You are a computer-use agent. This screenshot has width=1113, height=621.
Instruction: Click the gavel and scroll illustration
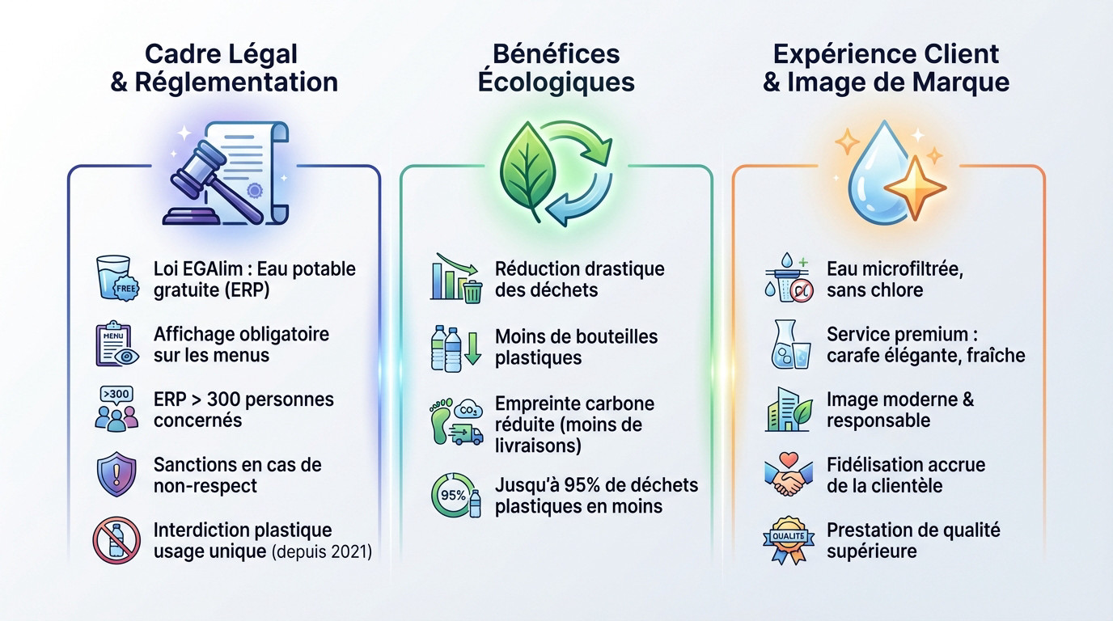pyautogui.click(x=226, y=174)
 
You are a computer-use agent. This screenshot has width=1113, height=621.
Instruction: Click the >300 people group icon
pyautogui.click(x=116, y=409)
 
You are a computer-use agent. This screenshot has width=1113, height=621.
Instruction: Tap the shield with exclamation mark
pyautogui.click(x=116, y=475)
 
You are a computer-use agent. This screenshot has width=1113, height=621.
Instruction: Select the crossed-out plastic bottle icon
pyautogui.click(x=116, y=540)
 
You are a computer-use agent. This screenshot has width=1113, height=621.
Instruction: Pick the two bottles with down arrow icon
pyautogui.click(x=455, y=349)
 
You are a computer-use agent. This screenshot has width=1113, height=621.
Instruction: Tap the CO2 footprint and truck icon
pyautogui.click(x=456, y=421)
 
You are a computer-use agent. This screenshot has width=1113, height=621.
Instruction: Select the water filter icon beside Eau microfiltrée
pyautogui.click(x=789, y=277)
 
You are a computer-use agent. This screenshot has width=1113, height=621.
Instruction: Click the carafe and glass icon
pyautogui.click(x=791, y=344)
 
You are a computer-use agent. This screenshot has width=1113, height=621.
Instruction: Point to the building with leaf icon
pyautogui.click(x=789, y=409)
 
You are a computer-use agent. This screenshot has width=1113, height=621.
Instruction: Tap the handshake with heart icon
pyautogui.click(x=789, y=475)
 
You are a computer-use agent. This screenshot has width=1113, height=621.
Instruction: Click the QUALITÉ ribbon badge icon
pyautogui.click(x=789, y=540)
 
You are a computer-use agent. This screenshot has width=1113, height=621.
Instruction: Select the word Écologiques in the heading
pyautogui.click(x=556, y=82)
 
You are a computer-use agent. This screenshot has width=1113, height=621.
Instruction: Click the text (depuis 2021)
pyautogui.click(x=322, y=552)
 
